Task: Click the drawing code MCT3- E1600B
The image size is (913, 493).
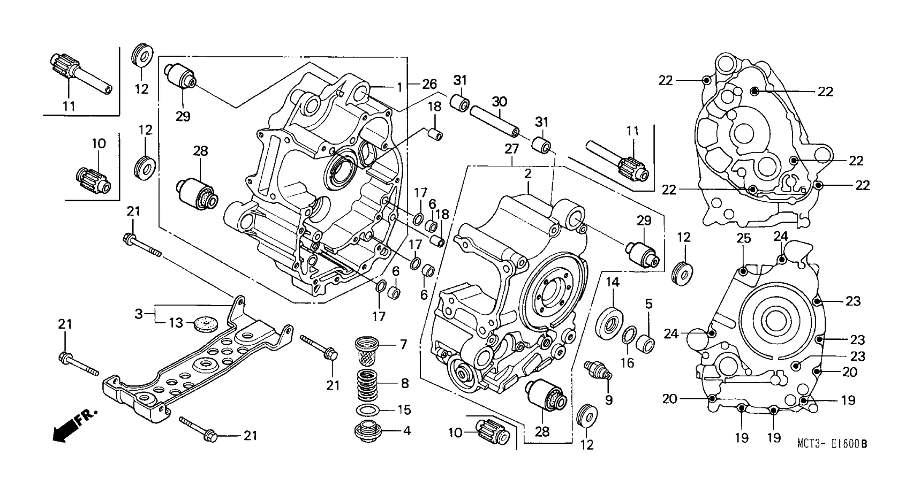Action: (x=831, y=444)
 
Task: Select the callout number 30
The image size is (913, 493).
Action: (x=499, y=102)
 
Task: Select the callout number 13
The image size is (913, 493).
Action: (x=176, y=323)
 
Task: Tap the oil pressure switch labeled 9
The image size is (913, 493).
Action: (x=598, y=371)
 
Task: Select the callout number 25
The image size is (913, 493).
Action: (x=743, y=239)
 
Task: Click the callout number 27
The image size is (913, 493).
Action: (x=512, y=149)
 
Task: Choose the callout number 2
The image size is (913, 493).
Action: (x=527, y=173)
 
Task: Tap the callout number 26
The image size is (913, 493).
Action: (x=429, y=84)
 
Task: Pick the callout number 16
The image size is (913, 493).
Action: (x=627, y=363)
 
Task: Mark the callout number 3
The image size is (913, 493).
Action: (x=139, y=314)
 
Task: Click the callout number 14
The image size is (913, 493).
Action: (x=613, y=282)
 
